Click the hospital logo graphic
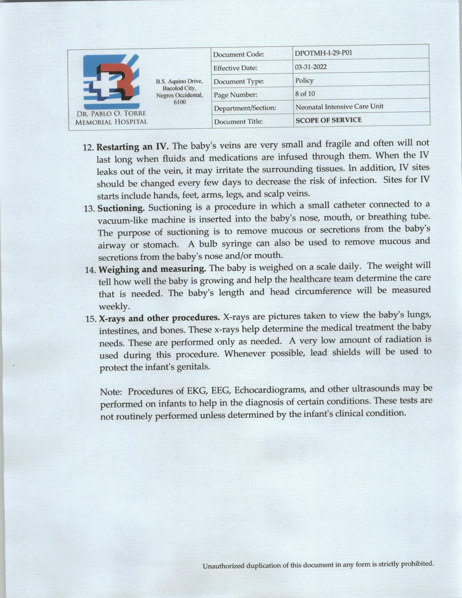click(x=111, y=82)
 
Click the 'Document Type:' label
click(x=238, y=82)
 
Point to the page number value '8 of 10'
click(x=305, y=94)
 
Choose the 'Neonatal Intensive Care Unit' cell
click(x=339, y=107)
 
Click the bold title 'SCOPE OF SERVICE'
click(x=329, y=120)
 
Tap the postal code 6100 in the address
click(x=179, y=102)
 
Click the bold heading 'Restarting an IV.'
click(x=133, y=147)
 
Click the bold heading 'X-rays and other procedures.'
click(x=159, y=318)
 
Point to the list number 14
click(x=90, y=271)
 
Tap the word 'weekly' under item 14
click(x=114, y=307)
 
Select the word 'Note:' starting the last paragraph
click(x=112, y=392)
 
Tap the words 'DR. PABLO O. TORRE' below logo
click(x=111, y=114)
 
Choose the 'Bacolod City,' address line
click(x=179, y=88)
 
